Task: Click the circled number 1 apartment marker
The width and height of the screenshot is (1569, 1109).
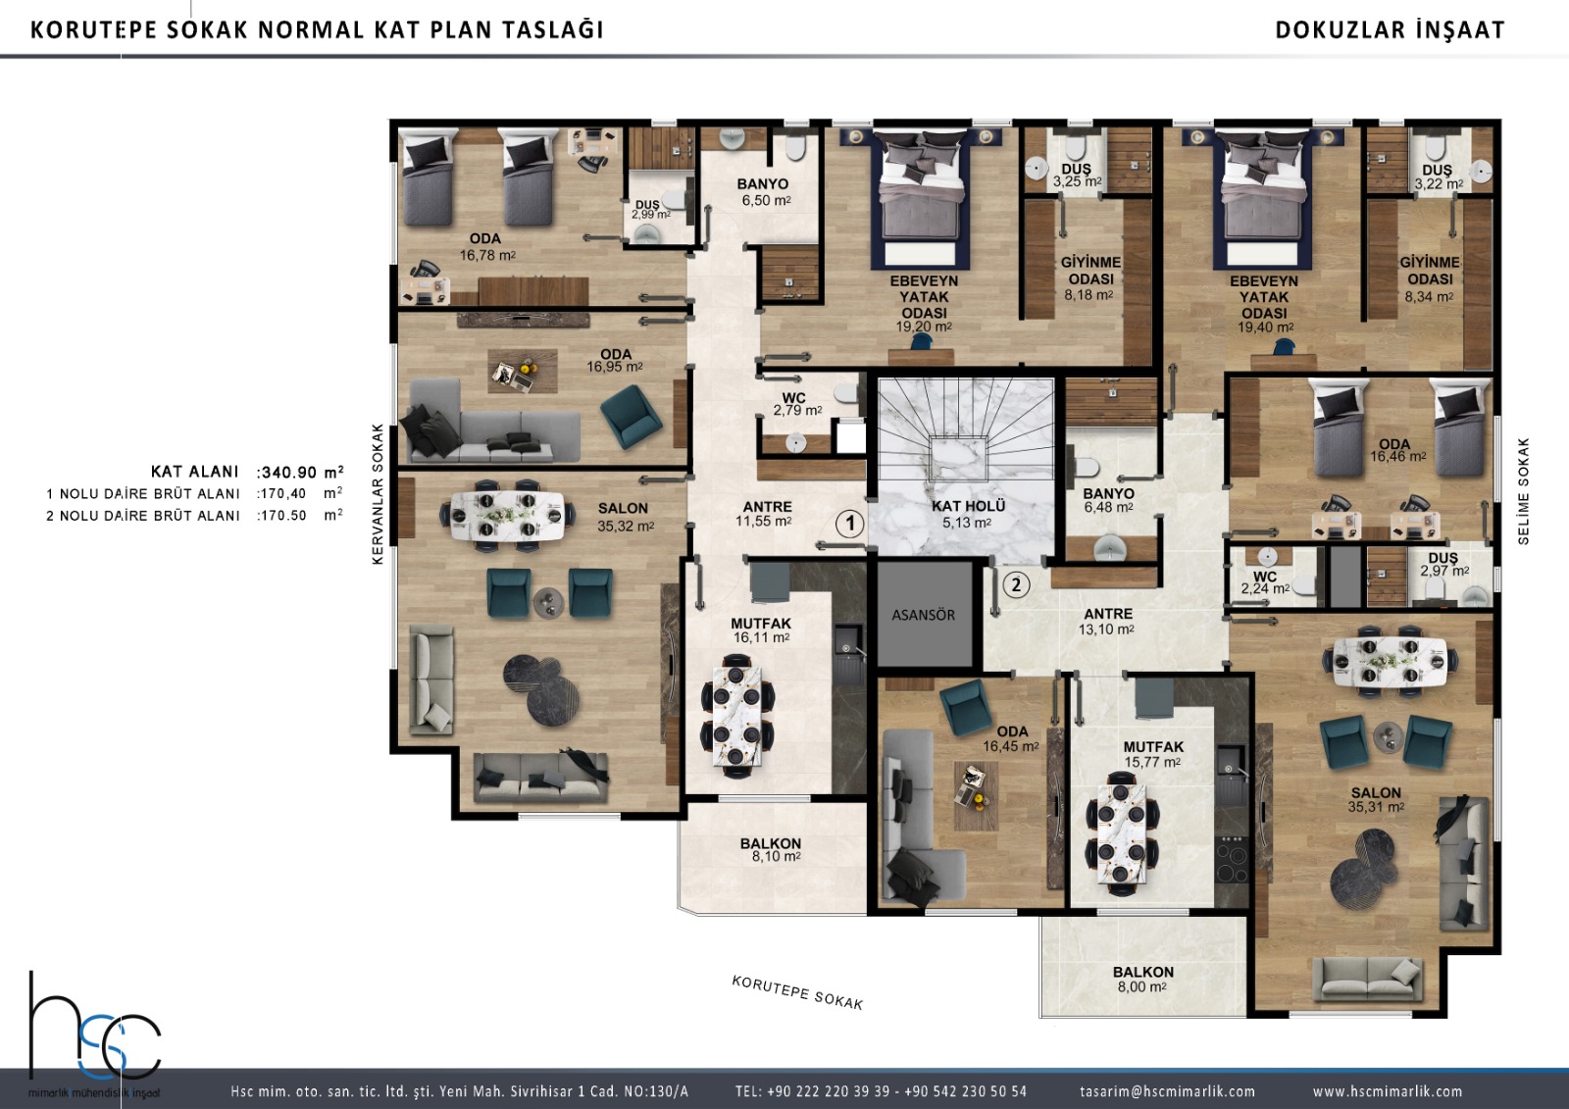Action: pyautogui.click(x=850, y=523)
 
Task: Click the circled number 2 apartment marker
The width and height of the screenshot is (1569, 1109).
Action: pyautogui.click(x=1016, y=584)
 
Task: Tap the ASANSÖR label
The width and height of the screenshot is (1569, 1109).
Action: pyautogui.click(x=923, y=615)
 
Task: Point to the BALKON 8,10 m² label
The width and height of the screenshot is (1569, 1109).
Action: pyautogui.click(x=771, y=850)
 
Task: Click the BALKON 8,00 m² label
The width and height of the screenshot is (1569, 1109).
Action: pyautogui.click(x=1143, y=980)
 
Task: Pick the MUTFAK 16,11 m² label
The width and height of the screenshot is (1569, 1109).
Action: pyautogui.click(x=761, y=630)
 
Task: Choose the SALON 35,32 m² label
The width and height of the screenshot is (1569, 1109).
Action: pyautogui.click(x=624, y=517)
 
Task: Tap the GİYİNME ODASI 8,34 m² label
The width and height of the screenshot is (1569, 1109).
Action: pyautogui.click(x=1430, y=278)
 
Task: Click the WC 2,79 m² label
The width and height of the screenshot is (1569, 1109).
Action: pyautogui.click(x=796, y=404)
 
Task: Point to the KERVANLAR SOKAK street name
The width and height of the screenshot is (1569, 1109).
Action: pyautogui.click(x=379, y=494)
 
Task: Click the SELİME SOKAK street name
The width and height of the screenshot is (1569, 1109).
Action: pyautogui.click(x=1524, y=491)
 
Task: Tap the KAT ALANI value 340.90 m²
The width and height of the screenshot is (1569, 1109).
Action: pyautogui.click(x=300, y=472)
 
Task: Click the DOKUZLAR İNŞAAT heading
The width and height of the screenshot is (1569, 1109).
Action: pyautogui.click(x=1390, y=30)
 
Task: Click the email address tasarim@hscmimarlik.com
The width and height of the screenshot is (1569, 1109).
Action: pyautogui.click(x=1168, y=1090)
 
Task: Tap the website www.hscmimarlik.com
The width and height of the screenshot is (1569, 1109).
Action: pyautogui.click(x=1388, y=1090)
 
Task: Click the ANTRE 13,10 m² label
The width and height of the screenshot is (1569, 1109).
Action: pyautogui.click(x=1107, y=622)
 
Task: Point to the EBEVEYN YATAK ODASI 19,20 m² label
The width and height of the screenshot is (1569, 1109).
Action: pyautogui.click(x=924, y=303)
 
